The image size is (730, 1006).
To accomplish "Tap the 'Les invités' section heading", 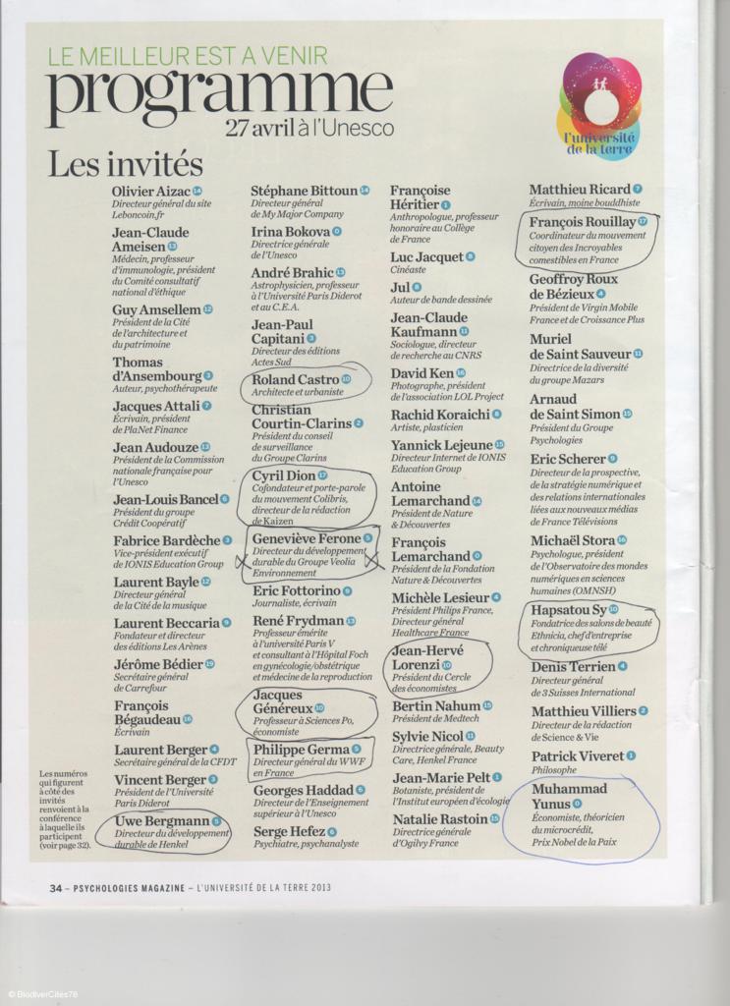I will click(125, 163).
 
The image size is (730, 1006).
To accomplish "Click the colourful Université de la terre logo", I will click(599, 106).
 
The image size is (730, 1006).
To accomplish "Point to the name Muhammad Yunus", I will click(569, 796).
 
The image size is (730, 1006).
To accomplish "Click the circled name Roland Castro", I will click(295, 379).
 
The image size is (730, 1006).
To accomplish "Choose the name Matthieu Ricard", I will click(580, 189).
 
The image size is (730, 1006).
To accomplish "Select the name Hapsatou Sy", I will click(568, 610).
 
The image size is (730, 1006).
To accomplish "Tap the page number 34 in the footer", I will click(57, 887).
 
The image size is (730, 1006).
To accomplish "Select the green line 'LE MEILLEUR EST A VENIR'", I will click(188, 56).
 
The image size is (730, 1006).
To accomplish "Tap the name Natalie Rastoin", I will click(440, 818).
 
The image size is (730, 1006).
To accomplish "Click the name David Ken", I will click(422, 373).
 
